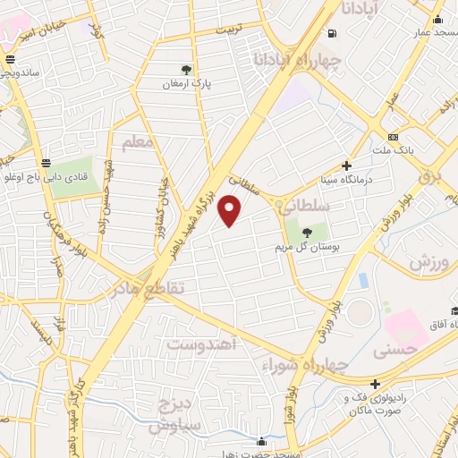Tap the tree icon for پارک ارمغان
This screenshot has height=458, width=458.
point(185,68)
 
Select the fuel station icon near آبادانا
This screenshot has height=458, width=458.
point(333,35)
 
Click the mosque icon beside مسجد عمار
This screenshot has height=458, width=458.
point(437,21)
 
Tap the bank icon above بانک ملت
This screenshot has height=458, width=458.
point(393,137)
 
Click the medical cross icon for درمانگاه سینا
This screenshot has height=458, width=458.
point(347,165)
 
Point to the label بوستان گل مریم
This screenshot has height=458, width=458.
point(299,241)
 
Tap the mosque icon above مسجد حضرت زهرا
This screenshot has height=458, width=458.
point(260,441)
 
